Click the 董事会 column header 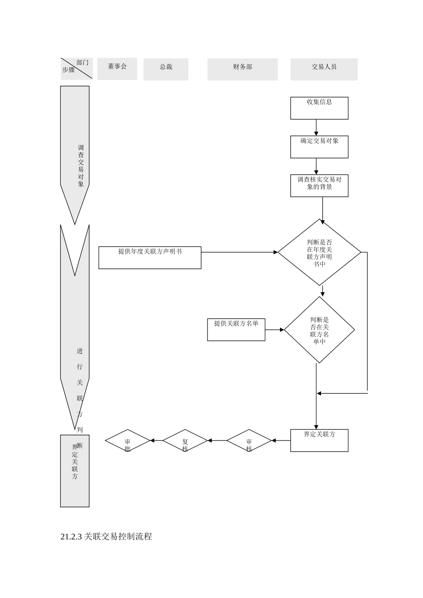117,69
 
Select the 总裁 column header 166,69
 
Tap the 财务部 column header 242,69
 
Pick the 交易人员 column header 324,69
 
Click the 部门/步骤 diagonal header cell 76,69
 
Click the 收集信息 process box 319,108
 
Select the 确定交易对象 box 319,147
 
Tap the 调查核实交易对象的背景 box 319,186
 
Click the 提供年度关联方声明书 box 150,258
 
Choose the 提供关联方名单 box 236,330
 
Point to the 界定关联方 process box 319,440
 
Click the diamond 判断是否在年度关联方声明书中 319,252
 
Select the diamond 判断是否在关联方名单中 319,330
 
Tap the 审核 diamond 249,441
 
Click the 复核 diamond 185,441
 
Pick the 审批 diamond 128,441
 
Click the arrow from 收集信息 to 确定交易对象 316,127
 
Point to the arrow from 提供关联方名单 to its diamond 275,330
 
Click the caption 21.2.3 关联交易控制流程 106,537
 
